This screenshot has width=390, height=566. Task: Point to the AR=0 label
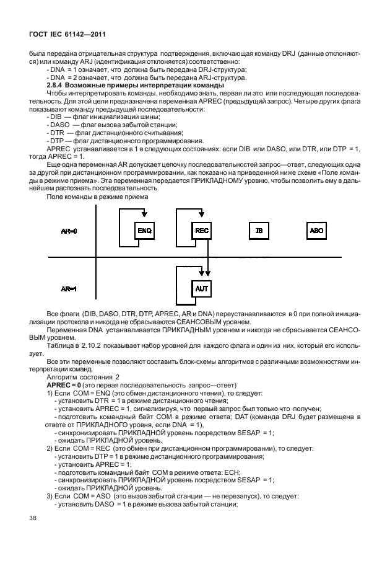point(69,231)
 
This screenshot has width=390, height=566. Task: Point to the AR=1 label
point(69,289)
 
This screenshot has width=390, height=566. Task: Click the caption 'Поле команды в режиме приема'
point(97,197)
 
